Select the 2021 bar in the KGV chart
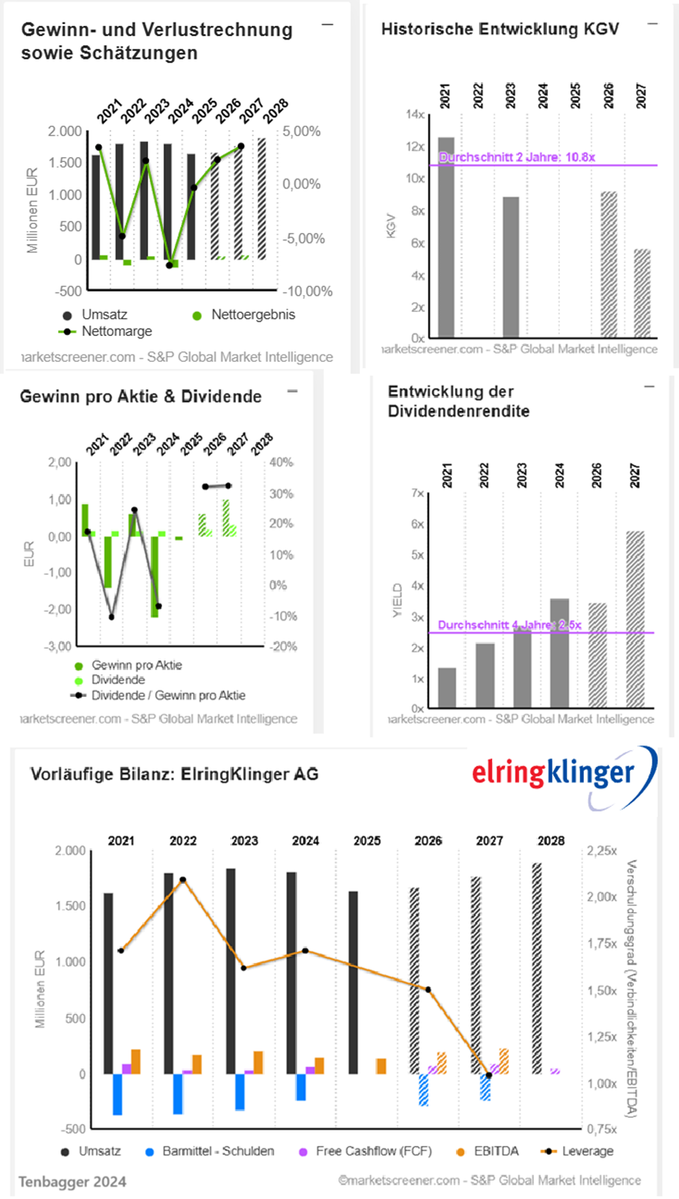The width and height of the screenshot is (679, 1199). click(445, 237)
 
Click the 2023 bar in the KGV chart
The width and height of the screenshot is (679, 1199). click(511, 267)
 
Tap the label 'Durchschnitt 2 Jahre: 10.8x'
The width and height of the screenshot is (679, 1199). click(517, 157)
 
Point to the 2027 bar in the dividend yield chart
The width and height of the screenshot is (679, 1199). click(636, 620)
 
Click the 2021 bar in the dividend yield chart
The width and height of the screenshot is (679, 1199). click(447, 688)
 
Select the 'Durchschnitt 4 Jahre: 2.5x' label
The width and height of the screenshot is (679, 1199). click(509, 625)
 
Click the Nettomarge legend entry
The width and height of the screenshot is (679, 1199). click(105, 331)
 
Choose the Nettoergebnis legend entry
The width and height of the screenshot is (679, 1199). click(244, 315)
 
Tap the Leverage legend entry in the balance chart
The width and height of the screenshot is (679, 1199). click(577, 1151)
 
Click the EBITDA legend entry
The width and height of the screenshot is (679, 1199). click(487, 1151)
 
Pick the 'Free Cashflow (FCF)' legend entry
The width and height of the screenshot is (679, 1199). click(365, 1151)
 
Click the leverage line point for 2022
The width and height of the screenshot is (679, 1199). click(183, 880)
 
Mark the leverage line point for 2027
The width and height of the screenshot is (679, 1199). click(489, 1076)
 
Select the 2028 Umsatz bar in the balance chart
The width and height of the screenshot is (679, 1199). click(537, 969)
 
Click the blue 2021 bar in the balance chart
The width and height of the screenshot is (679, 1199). click(117, 1094)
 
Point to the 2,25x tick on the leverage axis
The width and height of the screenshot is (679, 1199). click(602, 851)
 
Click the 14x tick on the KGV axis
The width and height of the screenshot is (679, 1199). click(415, 114)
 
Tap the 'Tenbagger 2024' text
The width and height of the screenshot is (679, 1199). click(72, 1182)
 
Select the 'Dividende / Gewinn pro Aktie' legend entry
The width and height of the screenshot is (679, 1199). click(158, 695)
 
